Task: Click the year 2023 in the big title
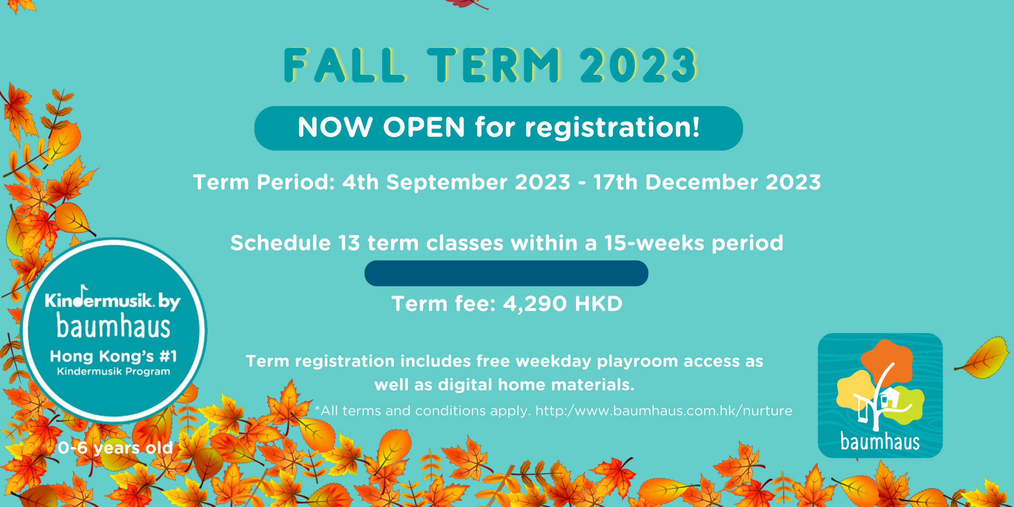[x=638, y=66]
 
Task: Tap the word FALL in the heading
[x=344, y=66]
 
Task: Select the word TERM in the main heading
[x=494, y=66]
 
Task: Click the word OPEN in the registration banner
[x=424, y=128]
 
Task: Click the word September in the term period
[x=447, y=182]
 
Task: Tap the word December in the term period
[x=701, y=182]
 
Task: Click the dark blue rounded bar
[x=506, y=273]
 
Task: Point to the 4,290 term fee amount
[x=535, y=304]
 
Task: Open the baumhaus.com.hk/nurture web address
[x=664, y=411]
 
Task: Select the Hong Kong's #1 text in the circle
[x=114, y=356]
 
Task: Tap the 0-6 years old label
[x=115, y=448]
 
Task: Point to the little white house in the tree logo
[x=889, y=397]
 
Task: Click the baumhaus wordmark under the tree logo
[x=880, y=442]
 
